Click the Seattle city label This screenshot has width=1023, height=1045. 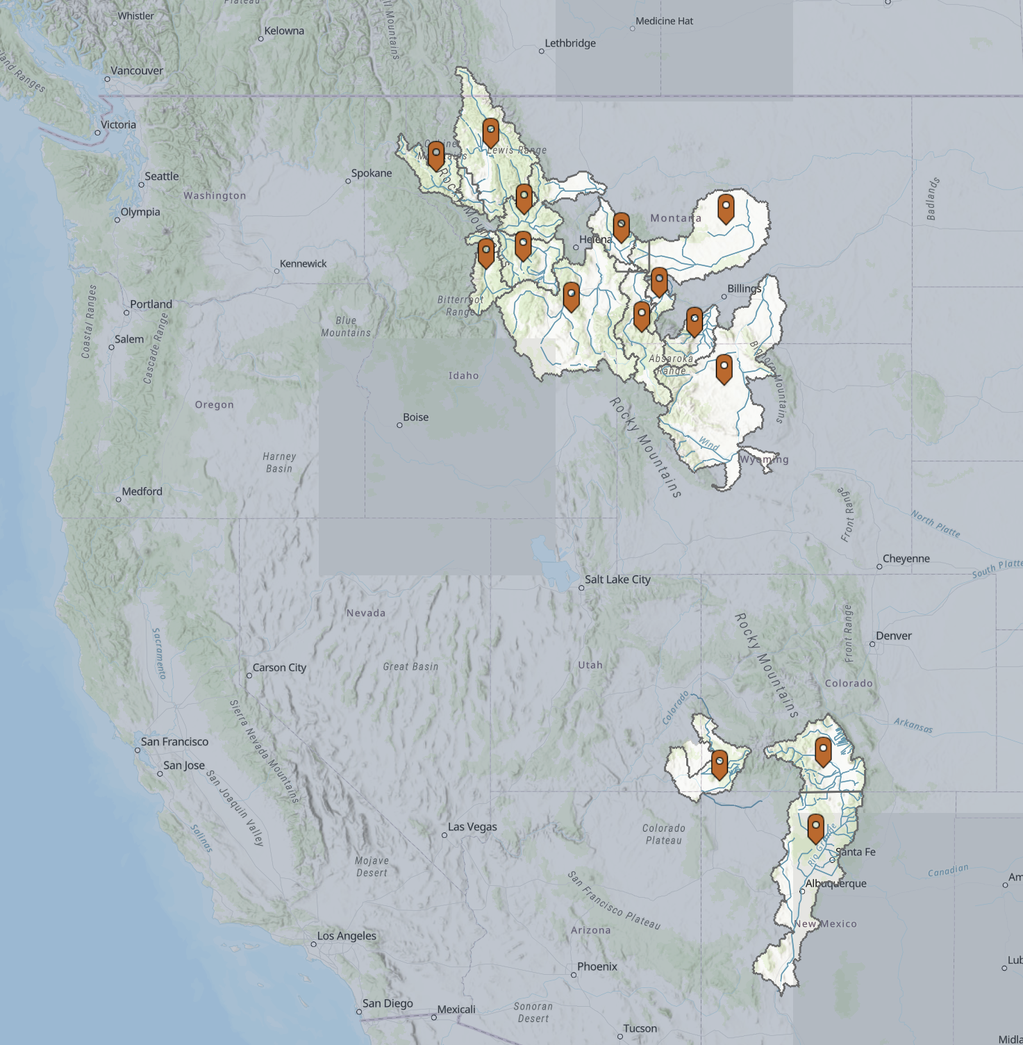tap(161, 176)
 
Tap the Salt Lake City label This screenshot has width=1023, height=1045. tap(617, 579)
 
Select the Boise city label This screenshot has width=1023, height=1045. tap(415, 418)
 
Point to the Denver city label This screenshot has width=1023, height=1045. tap(894, 636)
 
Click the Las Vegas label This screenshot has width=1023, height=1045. tap(472, 827)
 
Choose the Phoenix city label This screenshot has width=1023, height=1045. tap(597, 966)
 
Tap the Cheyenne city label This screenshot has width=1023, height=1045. tap(906, 559)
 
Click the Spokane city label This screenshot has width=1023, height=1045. tap(371, 173)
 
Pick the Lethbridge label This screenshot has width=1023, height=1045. tap(570, 43)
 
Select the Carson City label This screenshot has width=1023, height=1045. tap(279, 668)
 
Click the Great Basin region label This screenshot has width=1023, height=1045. tap(410, 666)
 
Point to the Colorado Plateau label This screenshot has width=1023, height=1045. tap(663, 834)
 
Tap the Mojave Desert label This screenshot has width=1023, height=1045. tap(372, 866)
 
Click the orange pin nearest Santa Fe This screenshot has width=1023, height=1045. tap(816, 828)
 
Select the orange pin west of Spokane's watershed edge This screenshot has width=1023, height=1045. tap(436, 155)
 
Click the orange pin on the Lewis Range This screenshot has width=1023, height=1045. tap(491, 132)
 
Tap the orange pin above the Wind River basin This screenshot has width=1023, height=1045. tap(724, 368)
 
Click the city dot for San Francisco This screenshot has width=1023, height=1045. tap(138, 750)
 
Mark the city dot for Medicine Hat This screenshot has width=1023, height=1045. tap(632, 28)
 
